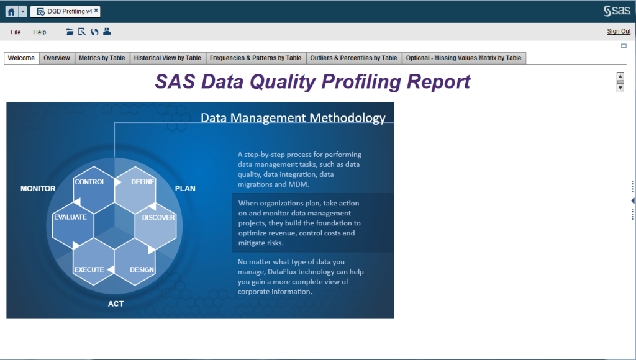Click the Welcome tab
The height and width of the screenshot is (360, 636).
coord(21,58)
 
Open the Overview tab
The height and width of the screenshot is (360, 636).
coord(57,58)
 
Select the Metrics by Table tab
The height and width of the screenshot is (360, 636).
coord(102,58)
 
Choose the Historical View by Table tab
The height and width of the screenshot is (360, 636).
coord(167,58)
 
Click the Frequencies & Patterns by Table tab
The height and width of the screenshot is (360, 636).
coord(255,58)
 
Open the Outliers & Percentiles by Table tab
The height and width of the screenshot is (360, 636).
coord(353,58)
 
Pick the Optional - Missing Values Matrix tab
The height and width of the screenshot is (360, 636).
coord(463,58)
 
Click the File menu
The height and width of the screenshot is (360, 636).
coord(16,32)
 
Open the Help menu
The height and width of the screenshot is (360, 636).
coord(40,32)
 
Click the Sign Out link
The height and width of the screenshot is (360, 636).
coord(619,32)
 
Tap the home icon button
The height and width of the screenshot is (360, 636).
coord(11,11)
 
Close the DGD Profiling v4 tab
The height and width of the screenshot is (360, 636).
coord(96,11)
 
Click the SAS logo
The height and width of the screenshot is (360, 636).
coord(616,11)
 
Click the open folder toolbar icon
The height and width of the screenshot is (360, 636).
coord(70,32)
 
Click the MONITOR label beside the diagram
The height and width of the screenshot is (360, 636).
coord(38,188)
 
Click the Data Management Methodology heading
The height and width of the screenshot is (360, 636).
coord(293,118)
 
